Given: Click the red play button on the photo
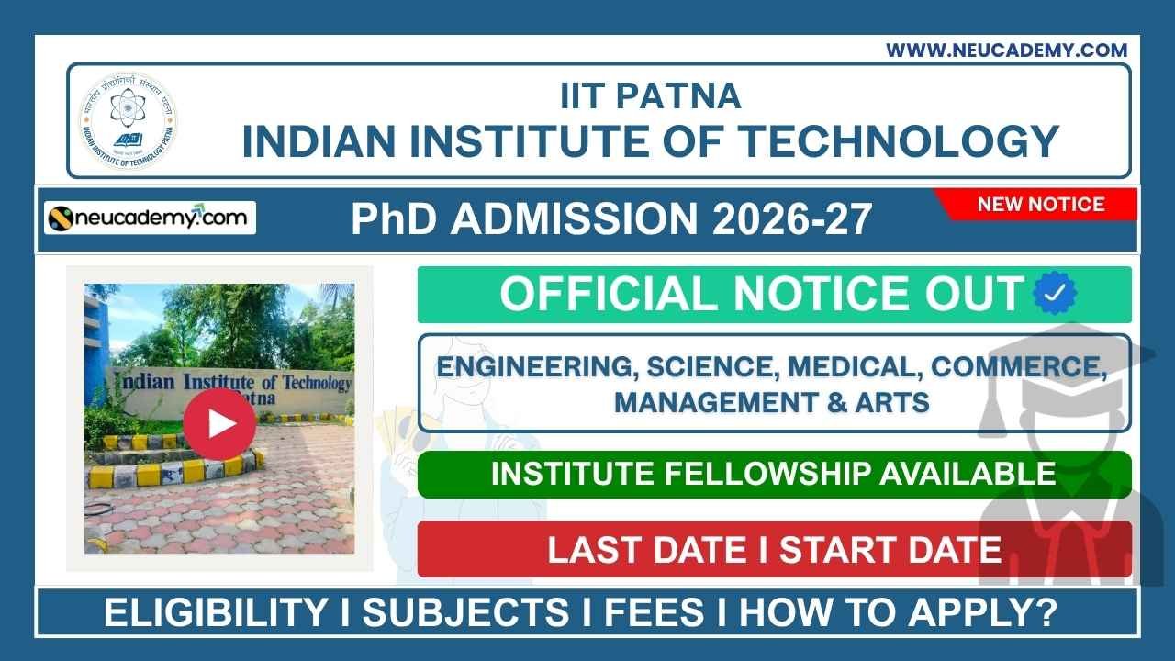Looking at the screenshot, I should coord(218,422).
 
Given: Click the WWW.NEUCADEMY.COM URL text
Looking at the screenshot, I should coord(1006,50).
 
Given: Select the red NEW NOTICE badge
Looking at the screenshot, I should coord(1040,204).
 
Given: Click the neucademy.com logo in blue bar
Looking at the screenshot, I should coord(151,218).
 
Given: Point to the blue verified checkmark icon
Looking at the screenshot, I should coord(1055,294).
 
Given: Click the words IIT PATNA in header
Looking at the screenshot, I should coord(650,95).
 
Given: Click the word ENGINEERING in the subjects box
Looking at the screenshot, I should coord(536,367).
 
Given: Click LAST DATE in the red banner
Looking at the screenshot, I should coord(646,550).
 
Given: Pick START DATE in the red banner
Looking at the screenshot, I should coord(890,550).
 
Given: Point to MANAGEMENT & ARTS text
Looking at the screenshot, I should coord(771,402).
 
